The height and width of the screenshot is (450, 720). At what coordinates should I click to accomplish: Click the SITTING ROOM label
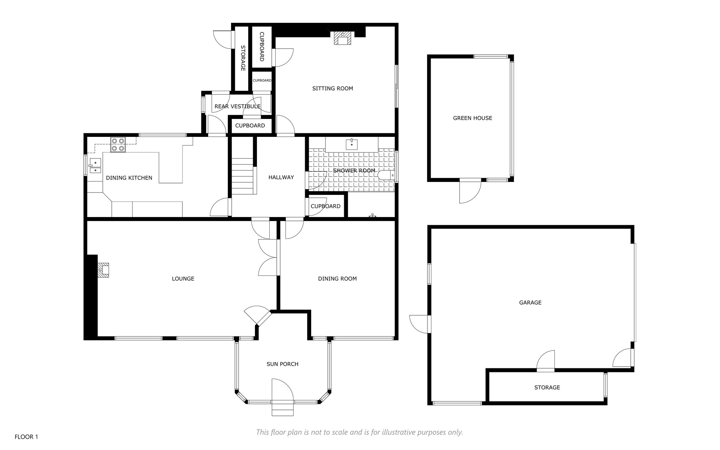tap(333, 88)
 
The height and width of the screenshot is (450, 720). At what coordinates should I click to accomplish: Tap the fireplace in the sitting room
tap(342, 38)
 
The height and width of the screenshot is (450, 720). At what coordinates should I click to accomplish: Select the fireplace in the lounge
tap(103, 270)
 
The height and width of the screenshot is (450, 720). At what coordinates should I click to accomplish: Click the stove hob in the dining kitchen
tap(118, 145)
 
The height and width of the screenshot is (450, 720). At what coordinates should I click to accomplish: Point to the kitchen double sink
tap(95, 166)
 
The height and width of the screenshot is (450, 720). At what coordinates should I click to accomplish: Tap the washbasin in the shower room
tap(352, 144)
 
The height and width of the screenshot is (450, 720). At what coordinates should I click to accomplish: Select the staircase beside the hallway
tap(242, 176)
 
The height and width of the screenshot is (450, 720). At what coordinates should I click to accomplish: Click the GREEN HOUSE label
tap(472, 118)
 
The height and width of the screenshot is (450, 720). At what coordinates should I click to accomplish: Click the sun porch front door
tap(282, 390)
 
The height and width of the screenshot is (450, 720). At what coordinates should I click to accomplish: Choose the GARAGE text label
tap(530, 303)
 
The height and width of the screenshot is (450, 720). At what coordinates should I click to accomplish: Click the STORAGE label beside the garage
tap(547, 388)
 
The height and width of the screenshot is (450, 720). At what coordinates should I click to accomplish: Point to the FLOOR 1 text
tap(26, 437)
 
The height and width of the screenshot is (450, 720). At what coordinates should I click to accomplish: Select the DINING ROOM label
tap(337, 279)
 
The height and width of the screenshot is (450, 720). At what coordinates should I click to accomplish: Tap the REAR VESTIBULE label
tap(237, 106)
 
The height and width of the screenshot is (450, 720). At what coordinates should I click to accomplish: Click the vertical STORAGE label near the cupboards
tap(243, 58)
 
